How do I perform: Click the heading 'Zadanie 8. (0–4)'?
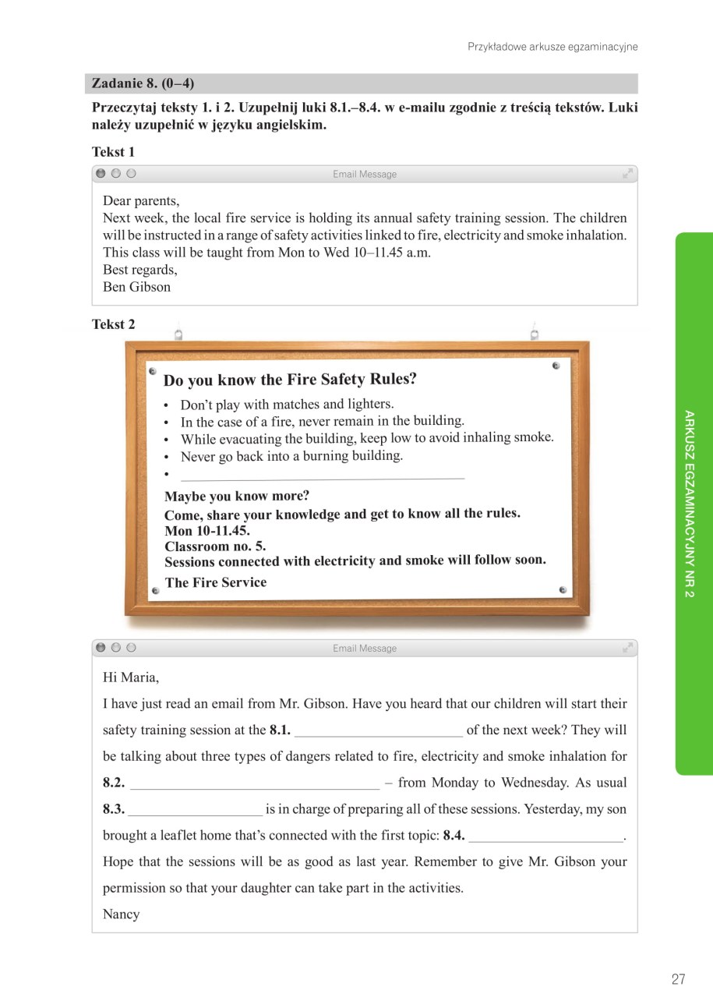point(143,83)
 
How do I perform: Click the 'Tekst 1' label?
point(113,152)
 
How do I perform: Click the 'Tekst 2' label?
point(113,324)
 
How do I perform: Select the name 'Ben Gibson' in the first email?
point(136,287)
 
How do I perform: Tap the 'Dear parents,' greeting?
point(141,201)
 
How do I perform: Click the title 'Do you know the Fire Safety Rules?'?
point(290,380)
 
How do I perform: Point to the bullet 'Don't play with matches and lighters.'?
point(287,404)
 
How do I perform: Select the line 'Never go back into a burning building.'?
point(291,456)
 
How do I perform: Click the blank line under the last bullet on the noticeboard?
point(322,476)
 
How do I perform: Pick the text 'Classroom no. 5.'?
point(215,546)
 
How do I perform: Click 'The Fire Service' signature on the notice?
point(216,582)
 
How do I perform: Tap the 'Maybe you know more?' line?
point(237,496)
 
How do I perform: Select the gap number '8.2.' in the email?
point(114,783)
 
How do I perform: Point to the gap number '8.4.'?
point(454,836)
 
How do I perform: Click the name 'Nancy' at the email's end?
point(121,914)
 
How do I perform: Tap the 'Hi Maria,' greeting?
point(131,677)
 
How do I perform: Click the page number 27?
point(678,979)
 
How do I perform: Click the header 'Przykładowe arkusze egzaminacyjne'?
point(552,47)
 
